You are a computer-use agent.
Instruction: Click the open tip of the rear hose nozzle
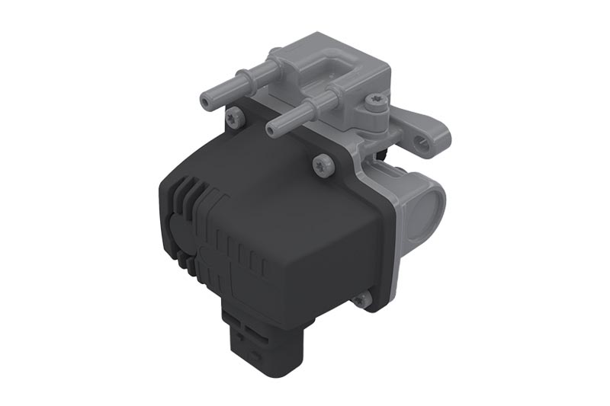[207, 100]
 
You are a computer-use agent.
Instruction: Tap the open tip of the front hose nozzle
[273, 130]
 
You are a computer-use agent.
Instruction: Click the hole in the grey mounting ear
[419, 140]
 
